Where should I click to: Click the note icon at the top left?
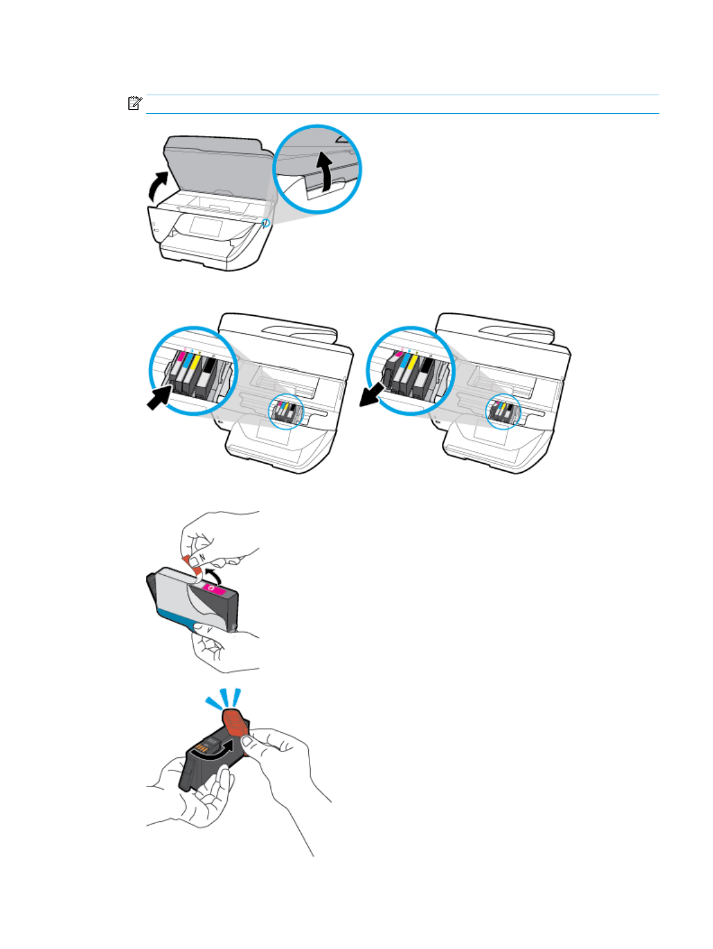134,103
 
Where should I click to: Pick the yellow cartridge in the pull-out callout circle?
410,374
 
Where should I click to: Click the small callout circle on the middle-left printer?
286,412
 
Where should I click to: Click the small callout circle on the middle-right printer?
503,412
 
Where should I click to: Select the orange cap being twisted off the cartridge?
236,723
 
